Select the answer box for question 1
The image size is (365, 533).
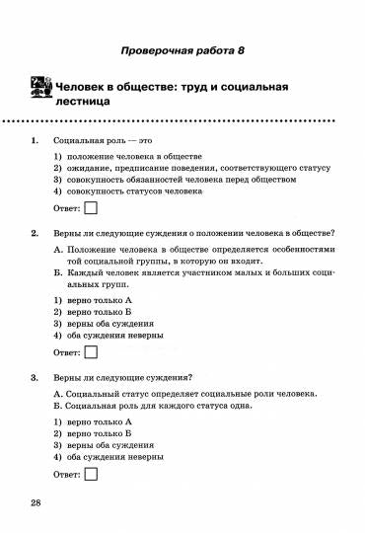point(91,207)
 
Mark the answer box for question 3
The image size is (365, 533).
point(91,474)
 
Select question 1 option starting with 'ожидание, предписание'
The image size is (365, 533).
point(197,168)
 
